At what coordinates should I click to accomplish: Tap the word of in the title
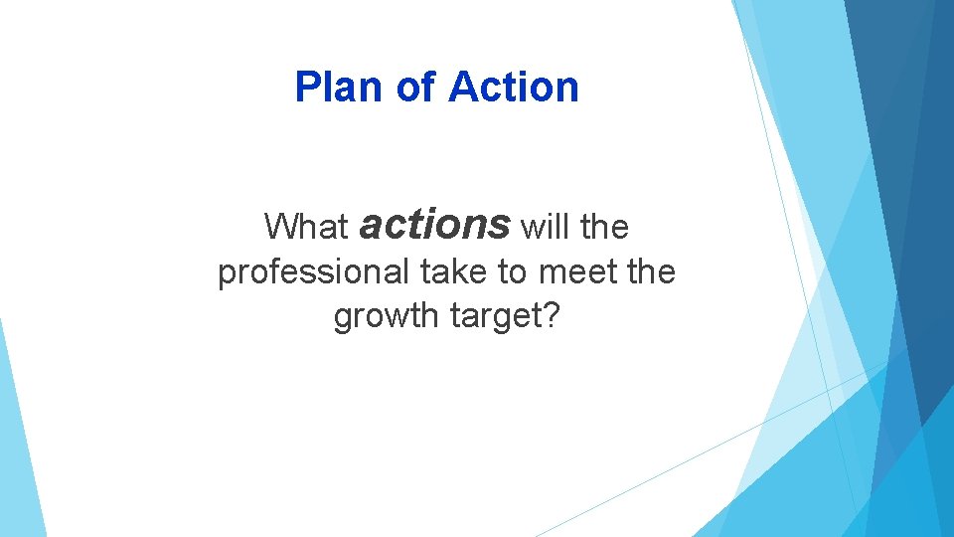pos(414,88)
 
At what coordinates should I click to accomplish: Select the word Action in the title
pos(513,88)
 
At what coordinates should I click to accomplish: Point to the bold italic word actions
pos(434,224)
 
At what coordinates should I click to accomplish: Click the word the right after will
pos(605,227)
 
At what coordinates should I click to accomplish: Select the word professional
pos(313,271)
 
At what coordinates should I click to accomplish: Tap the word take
pos(453,270)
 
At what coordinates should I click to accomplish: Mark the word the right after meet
pos(652,270)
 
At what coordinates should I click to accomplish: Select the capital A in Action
pos(461,88)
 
